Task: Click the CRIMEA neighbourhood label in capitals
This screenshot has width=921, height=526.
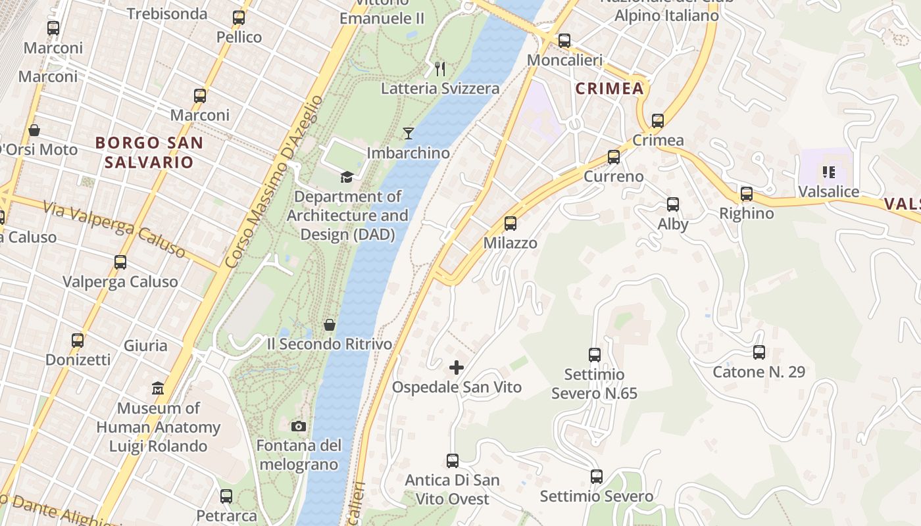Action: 609,89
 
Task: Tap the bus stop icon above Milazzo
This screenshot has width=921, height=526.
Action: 510,224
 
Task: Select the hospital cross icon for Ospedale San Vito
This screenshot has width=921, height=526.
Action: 456,368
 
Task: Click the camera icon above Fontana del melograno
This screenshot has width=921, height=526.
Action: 299,426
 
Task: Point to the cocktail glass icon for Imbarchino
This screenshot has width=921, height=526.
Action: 409,133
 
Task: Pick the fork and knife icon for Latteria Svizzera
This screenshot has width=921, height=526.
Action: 440,68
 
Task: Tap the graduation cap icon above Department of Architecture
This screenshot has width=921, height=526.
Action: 346,176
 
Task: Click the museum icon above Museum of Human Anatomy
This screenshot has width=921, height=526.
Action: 158,389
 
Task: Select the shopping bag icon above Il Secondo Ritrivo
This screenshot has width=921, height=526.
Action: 330,325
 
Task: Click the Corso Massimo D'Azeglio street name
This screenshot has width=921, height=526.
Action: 274,181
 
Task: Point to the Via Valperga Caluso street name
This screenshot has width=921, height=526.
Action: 114,229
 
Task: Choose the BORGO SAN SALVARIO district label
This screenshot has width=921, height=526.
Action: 149,152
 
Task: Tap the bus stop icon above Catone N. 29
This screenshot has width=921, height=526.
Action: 759,352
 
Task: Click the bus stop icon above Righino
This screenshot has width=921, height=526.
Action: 747,194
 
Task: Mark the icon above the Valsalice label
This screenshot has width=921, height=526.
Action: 828,173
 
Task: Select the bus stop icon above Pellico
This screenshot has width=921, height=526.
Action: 239,18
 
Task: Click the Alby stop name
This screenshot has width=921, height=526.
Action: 673,224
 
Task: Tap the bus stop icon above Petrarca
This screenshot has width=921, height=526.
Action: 226,496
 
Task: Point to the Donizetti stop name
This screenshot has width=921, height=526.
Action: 78,360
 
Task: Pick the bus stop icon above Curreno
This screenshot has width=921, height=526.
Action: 614,157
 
